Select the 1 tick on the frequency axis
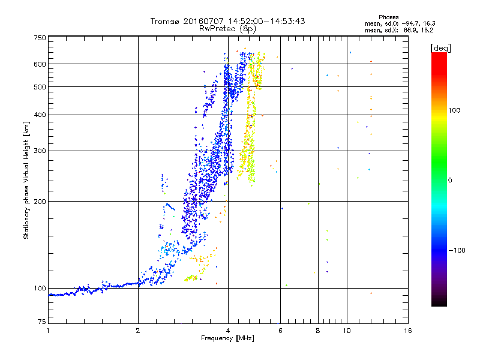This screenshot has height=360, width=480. pos(48,331)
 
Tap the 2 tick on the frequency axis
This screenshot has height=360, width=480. pos(138,331)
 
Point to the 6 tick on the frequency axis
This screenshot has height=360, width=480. pos(280,331)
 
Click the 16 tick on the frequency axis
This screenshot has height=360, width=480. pos(407,331)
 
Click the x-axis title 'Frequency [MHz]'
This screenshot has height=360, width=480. pos(227,339)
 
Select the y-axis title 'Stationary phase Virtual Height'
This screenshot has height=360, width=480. pos(26,180)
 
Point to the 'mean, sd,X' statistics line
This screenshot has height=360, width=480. pos(399,29)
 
